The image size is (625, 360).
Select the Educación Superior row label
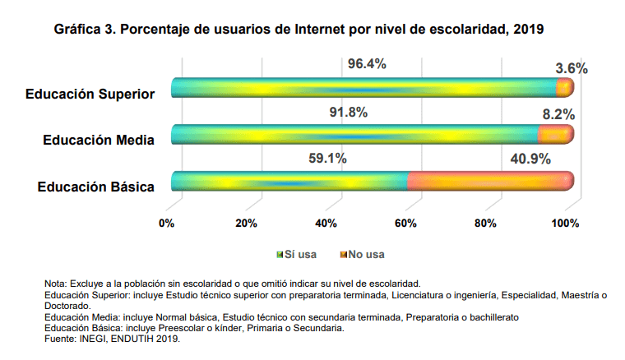(90, 94)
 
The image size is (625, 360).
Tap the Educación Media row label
(99, 140)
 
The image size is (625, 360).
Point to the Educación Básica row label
(96, 187)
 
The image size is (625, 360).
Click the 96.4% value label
(367, 64)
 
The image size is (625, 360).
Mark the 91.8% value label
(367, 111)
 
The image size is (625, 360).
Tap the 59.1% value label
(326, 158)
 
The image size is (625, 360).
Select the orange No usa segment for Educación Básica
(490, 181)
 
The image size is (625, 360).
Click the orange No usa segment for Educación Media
(555, 134)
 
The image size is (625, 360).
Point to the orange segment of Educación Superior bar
(565, 87)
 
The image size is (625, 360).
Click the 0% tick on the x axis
(167, 223)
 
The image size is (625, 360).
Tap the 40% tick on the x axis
(326, 223)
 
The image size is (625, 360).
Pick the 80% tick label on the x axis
(486, 223)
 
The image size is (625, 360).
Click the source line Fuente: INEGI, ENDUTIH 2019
(112, 338)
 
